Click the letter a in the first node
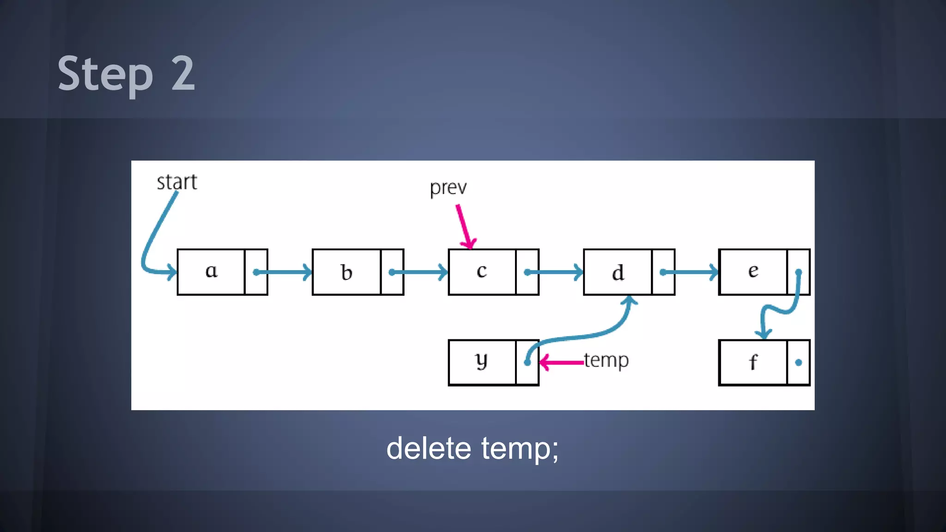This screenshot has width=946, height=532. point(211,271)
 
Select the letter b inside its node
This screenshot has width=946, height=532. point(346,272)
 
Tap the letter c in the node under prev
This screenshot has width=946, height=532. point(481,271)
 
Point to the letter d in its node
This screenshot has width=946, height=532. point(618,272)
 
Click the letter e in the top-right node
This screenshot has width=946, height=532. point(753,271)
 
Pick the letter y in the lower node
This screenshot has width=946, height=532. point(481,361)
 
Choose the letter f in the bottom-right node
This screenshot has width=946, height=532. point(753,362)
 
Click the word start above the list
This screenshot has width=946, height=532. point(176,182)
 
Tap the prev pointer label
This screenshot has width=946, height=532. point(448,188)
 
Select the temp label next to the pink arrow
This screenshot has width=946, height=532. point(606,360)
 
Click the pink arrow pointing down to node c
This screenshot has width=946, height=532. point(464,226)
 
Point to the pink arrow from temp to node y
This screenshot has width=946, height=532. point(561,363)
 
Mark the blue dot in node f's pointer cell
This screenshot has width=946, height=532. point(799,363)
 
